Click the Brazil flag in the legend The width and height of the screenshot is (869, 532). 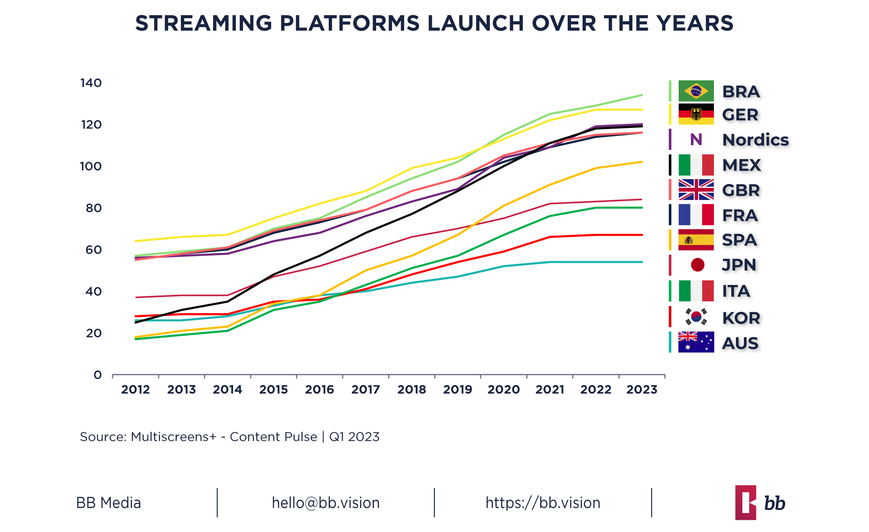click(696, 91)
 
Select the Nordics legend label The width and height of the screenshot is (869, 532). click(755, 140)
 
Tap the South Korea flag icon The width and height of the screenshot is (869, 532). click(696, 317)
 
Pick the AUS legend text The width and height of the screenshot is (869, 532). click(740, 343)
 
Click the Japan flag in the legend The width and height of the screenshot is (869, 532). click(697, 265)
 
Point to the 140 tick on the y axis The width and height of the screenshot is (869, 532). click(91, 83)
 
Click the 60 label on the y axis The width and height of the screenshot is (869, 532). click(93, 250)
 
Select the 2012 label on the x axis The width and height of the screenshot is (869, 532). click(135, 390)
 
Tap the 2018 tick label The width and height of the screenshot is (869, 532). click(411, 390)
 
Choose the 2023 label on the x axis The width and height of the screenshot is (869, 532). click(642, 390)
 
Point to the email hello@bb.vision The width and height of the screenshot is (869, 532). click(326, 503)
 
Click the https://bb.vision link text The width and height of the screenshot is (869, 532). click(543, 503)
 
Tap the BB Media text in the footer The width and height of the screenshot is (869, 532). click(108, 503)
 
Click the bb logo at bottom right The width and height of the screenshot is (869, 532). click(760, 503)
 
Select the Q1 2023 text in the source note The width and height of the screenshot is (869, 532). click(354, 437)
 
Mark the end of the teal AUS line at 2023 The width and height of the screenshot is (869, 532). click(642, 262)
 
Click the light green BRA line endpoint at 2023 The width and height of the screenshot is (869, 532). click(642, 95)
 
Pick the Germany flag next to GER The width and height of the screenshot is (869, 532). click(696, 114)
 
